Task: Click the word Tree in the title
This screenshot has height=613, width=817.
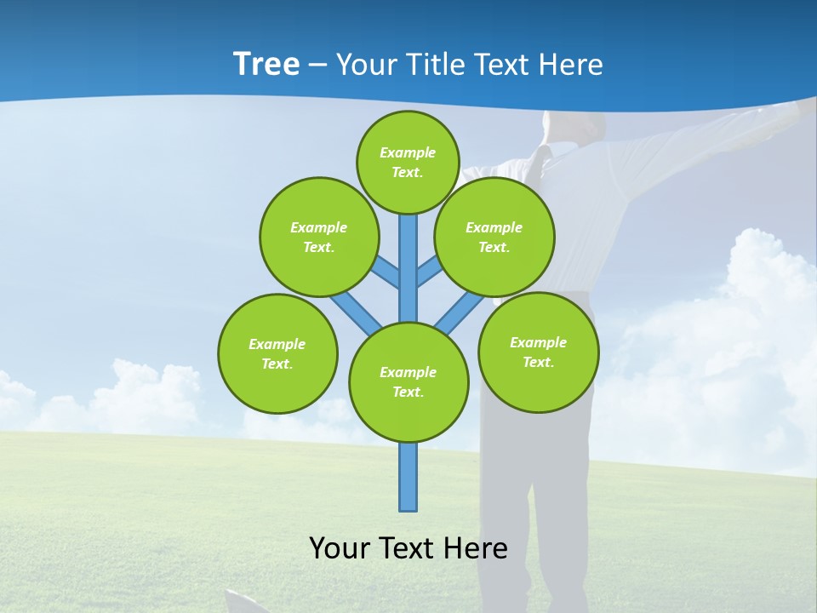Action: pos(266,64)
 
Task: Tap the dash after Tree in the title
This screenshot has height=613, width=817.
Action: pos(317,66)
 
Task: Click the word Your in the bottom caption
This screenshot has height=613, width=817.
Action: pos(340,548)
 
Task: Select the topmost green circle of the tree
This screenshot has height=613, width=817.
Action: pos(408,162)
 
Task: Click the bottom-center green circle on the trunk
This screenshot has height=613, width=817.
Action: pos(408,382)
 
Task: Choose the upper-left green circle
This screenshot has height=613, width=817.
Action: pos(318,237)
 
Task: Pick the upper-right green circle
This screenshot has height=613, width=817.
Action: pos(494,237)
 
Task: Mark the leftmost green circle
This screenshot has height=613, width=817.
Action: pos(277,353)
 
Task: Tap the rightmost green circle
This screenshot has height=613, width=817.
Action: pos(538,352)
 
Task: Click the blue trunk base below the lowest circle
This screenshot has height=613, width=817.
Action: pos(408,477)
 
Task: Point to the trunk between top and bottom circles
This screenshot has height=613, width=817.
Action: pos(408,264)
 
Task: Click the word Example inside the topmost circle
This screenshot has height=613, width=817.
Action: pos(408,152)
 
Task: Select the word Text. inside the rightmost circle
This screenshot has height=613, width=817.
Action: pos(538,362)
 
